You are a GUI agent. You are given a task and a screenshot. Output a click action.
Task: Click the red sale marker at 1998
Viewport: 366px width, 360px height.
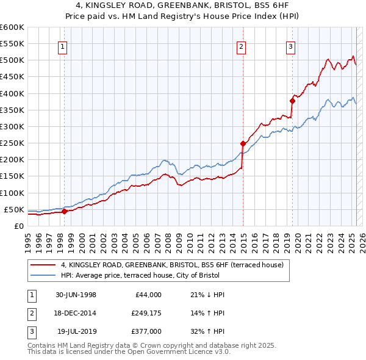point(65,212)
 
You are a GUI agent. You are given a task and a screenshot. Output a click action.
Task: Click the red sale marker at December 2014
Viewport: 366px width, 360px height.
point(243,143)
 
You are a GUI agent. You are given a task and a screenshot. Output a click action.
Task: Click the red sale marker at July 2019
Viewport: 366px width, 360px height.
point(292,101)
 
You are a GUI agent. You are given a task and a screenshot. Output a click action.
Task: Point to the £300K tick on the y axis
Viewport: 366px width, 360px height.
point(13,127)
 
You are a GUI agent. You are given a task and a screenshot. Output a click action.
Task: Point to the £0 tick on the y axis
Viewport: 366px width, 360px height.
point(19,226)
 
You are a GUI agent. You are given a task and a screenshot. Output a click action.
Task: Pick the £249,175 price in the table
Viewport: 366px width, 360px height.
point(146,313)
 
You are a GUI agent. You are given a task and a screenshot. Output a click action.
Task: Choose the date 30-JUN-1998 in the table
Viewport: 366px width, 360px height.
point(76,295)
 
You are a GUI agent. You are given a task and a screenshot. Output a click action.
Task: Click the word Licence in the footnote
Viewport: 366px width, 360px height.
point(198,352)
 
